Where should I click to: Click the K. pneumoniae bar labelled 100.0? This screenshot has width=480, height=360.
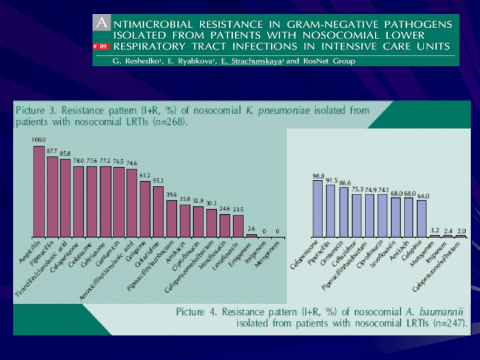(39, 192)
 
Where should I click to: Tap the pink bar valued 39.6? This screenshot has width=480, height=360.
(172, 219)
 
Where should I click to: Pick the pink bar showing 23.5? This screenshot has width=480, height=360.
(238, 226)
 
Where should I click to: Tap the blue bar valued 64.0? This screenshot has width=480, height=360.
(422, 218)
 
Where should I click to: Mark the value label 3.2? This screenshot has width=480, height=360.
(435, 230)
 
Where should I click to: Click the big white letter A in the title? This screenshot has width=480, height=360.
(103, 23)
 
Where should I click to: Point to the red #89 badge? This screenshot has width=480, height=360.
(100, 46)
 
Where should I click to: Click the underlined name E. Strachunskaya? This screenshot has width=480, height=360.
(248, 61)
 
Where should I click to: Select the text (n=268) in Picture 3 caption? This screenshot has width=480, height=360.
(171, 122)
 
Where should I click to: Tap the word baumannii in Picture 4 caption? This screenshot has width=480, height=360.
(441, 312)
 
